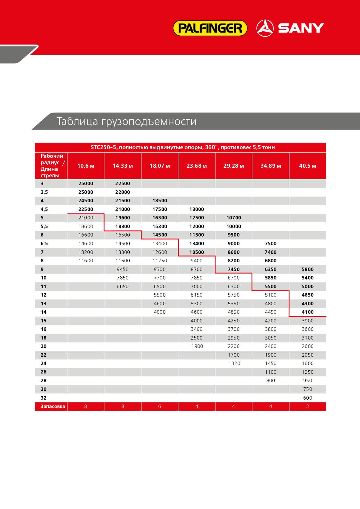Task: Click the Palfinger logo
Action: coord(210,28)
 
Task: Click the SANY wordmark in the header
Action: coord(301,28)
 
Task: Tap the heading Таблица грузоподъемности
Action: coord(126,121)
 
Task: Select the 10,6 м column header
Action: coord(86,166)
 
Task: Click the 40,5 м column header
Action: coord(307,166)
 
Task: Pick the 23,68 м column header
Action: coord(197,166)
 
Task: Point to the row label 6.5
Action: coord(44,243)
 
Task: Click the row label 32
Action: coord(44,398)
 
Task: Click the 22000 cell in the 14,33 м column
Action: coord(123,192)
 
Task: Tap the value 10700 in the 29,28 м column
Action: coord(234,218)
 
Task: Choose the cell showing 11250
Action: coord(160,261)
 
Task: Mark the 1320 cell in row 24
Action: coord(234,363)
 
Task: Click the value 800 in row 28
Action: coord(271,380)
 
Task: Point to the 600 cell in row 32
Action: coord(307,398)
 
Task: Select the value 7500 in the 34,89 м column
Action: coord(271,243)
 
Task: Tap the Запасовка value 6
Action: coord(160,406)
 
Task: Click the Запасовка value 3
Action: coord(307,406)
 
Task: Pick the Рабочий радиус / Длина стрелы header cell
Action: coord(51,166)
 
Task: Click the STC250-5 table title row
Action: coord(183,147)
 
